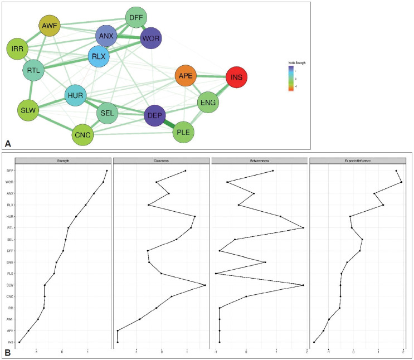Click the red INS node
tap(236, 77)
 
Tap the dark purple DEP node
tap(154, 115)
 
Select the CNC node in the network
tap(82, 134)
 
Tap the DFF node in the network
tap(136, 18)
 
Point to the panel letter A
tap(8, 143)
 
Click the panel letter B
tap(8, 352)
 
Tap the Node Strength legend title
tap(296, 64)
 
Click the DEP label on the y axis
tap(11, 171)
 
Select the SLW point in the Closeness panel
tap(205, 285)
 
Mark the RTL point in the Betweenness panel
tap(303, 228)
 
